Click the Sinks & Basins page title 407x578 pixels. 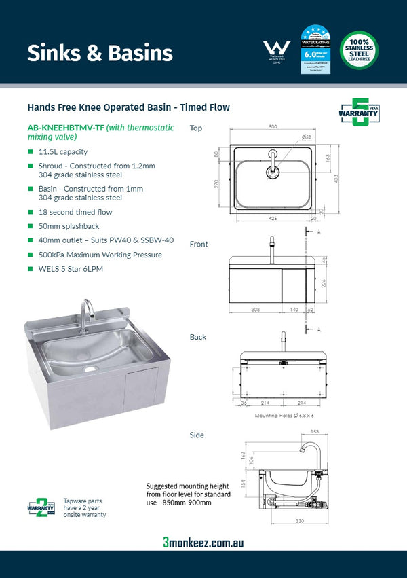(x=100, y=53)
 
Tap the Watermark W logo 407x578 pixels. (x=276, y=50)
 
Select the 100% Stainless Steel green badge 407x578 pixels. (x=359, y=50)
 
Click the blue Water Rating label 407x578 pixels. (x=315, y=50)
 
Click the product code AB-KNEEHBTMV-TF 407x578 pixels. (x=66, y=128)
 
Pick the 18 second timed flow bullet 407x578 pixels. (x=75, y=212)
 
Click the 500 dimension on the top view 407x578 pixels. (x=273, y=127)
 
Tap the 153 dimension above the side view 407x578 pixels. (x=315, y=431)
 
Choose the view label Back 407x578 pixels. (x=198, y=337)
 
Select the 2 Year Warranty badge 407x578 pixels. (x=41, y=506)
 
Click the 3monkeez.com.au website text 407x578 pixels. (x=203, y=543)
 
